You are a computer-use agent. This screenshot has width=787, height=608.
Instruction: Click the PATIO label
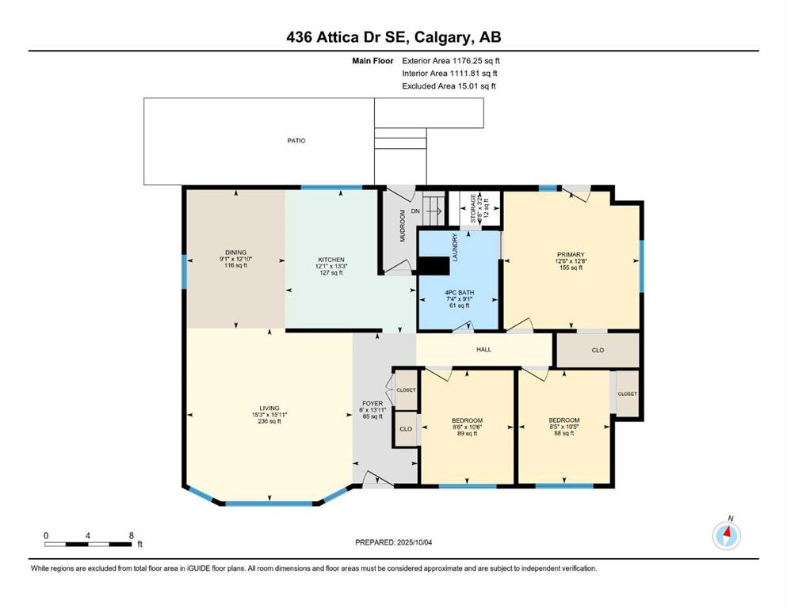(x=296, y=141)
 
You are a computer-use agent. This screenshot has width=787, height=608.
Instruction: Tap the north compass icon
(x=726, y=535)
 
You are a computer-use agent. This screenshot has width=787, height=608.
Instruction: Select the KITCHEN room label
(x=330, y=260)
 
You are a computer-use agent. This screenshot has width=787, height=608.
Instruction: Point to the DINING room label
(x=236, y=253)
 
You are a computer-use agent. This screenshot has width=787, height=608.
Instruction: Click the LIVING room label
(x=269, y=408)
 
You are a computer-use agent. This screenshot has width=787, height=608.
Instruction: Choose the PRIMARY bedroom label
(x=571, y=255)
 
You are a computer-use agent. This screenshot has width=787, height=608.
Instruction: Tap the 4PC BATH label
(x=459, y=293)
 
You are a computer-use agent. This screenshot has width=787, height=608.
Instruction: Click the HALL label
(x=483, y=349)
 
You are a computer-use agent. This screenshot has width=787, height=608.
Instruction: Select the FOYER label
(x=372, y=404)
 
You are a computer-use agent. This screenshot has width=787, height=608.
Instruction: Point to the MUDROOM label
(x=402, y=226)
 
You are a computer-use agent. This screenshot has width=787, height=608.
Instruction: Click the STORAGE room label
(x=473, y=208)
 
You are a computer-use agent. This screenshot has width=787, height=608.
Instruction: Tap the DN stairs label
(x=415, y=211)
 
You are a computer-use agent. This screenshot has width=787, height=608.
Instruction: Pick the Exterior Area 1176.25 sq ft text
(x=451, y=61)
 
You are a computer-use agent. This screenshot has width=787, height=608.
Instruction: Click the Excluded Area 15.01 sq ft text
(x=449, y=86)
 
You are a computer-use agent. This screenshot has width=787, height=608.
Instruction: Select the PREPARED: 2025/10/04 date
(x=393, y=542)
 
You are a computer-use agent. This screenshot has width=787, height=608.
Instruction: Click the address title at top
(x=393, y=37)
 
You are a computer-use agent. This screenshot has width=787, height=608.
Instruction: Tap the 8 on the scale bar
(x=132, y=535)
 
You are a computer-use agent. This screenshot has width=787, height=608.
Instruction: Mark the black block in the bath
(x=434, y=266)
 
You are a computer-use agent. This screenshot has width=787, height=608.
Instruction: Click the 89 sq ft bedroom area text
(x=468, y=434)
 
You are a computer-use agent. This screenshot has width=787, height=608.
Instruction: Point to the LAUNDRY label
(x=455, y=247)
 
